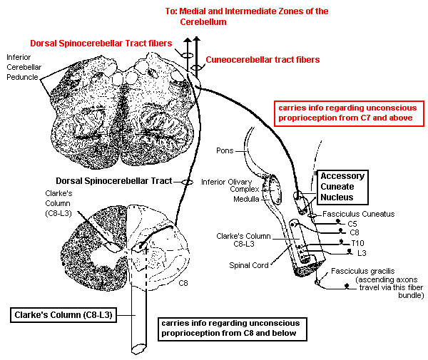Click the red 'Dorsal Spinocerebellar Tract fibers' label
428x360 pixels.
pos(101,43)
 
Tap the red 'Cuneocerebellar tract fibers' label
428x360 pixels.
pos(262,60)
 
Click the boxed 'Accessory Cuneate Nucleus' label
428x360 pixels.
pos(342,187)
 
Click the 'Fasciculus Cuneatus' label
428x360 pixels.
pos(358,214)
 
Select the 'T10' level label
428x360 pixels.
pos(357,243)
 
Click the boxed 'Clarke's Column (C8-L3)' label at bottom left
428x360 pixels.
pos(62,314)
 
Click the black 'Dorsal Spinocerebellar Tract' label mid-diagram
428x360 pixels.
pos(123,181)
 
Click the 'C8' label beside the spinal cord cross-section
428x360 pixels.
pos(184,283)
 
